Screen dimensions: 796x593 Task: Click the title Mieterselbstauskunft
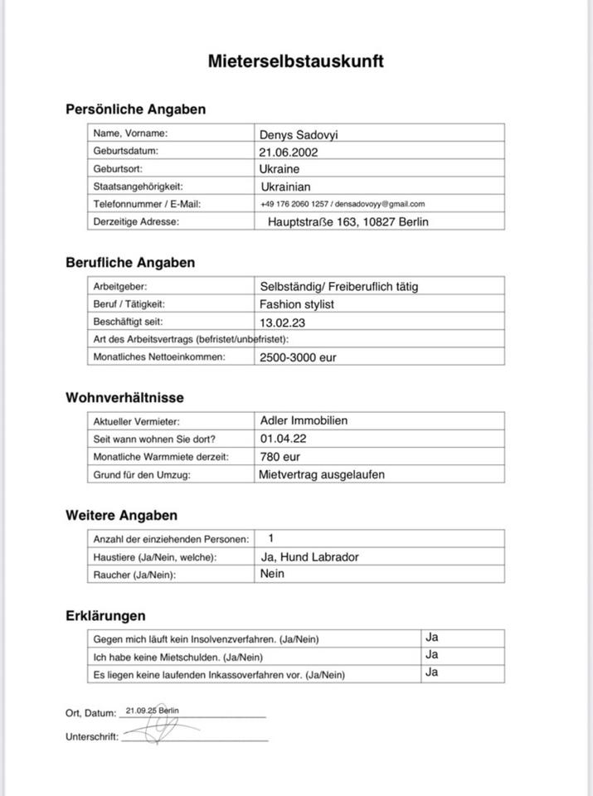pyautogui.click(x=295, y=61)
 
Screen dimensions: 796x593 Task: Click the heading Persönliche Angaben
pyautogui.click(x=135, y=109)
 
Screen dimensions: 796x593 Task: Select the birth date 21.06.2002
pyautogui.click(x=288, y=152)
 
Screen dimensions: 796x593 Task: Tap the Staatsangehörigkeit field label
pyautogui.click(x=138, y=187)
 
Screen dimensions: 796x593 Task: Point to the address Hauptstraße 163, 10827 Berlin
pyautogui.click(x=348, y=221)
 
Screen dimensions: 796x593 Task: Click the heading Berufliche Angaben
pyautogui.click(x=130, y=263)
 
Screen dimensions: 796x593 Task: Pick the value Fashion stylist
pyautogui.click(x=296, y=304)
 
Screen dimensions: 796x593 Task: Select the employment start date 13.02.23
pyautogui.click(x=282, y=323)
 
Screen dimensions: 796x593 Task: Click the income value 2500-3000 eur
pyautogui.click(x=298, y=357)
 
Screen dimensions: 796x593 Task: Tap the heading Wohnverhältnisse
pyautogui.click(x=124, y=398)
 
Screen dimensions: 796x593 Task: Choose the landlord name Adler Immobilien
pyautogui.click(x=304, y=420)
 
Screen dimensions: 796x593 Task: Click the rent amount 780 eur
pyautogui.click(x=279, y=457)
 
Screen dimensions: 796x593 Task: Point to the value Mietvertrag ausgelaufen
pyautogui.click(x=322, y=475)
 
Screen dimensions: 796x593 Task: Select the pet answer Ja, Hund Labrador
pyautogui.click(x=309, y=556)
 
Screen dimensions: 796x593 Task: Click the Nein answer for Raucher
pyautogui.click(x=272, y=574)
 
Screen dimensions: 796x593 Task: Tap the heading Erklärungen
pyautogui.click(x=105, y=616)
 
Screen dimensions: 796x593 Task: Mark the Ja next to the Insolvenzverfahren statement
pyautogui.click(x=431, y=638)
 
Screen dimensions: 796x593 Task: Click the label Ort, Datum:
pyautogui.click(x=90, y=713)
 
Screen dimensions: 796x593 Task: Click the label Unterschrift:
pyautogui.click(x=91, y=736)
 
